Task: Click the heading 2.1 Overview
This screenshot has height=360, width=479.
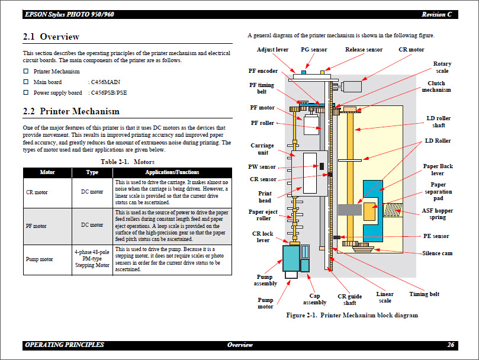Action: pos(51,37)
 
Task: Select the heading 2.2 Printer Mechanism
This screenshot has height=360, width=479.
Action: pos(70,111)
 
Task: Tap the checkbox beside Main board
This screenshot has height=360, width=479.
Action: pos(25,82)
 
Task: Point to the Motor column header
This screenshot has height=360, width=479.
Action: pos(47,172)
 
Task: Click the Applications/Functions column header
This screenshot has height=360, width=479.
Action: pos(172,172)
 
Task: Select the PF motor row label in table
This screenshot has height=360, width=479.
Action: pos(36,226)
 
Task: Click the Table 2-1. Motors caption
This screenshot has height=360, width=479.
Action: pos(127,161)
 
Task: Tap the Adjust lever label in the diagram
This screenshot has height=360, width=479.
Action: pos(272,50)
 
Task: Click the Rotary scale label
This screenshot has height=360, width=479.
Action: pos(442,67)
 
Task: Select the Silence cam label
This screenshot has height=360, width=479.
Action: pos(437,253)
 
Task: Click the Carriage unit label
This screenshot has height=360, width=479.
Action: pos(262,149)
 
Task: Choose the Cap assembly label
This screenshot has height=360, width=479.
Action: pos(314,299)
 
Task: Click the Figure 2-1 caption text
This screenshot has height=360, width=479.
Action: pos(352,316)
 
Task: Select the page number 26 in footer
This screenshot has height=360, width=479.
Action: pos(451,345)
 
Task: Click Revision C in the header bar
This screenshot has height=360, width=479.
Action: pos(437,14)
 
